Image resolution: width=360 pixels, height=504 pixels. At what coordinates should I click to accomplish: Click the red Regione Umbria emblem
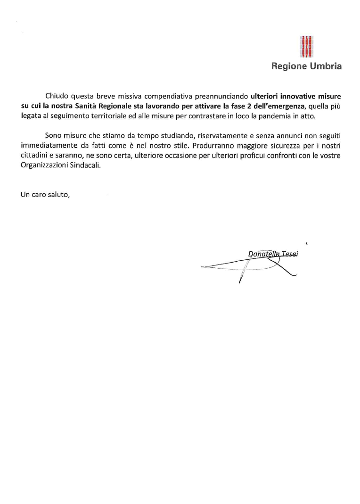point(307,47)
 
